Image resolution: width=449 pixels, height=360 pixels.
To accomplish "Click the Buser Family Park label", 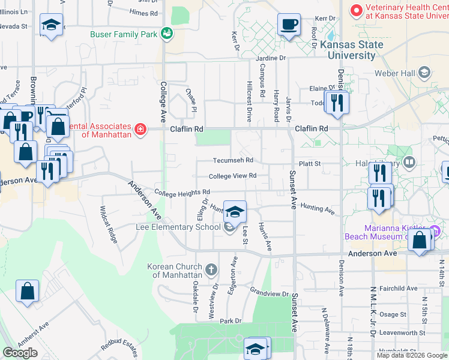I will tap(124, 34).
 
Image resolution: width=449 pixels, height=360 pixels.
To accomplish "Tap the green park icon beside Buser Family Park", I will tap(166, 34).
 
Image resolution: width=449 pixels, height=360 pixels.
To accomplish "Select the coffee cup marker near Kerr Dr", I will tap(289, 25).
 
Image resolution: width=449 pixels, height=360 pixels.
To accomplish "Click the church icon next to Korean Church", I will tap(211, 270).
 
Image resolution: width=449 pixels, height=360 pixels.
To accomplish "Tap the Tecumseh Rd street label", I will tap(233, 161).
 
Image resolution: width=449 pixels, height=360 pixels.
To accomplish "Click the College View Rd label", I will tap(232, 176).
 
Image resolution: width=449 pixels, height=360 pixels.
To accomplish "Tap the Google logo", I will tap(20, 353).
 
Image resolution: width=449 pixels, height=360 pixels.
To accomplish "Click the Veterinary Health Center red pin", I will tap(357, 10).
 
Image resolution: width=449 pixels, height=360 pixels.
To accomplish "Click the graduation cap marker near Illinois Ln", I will tap(51, 25).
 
